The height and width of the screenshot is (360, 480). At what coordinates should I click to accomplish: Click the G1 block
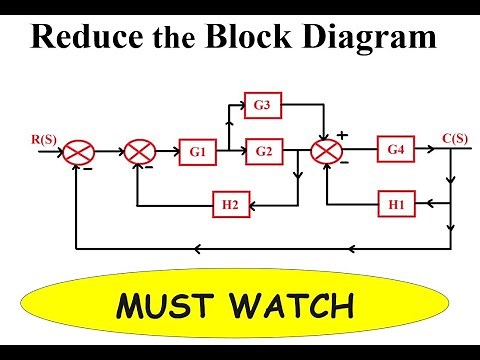pyautogui.click(x=196, y=153)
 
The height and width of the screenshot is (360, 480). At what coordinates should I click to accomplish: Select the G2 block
pyautogui.click(x=263, y=153)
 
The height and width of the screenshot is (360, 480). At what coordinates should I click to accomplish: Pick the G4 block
pyautogui.click(x=394, y=152)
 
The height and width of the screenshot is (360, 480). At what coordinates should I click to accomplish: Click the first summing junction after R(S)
pyautogui.click(x=80, y=153)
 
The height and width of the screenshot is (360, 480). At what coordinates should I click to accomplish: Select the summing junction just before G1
pyautogui.click(x=140, y=153)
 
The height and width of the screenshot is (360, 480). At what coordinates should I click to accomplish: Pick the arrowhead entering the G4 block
pyautogui.click(x=373, y=153)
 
